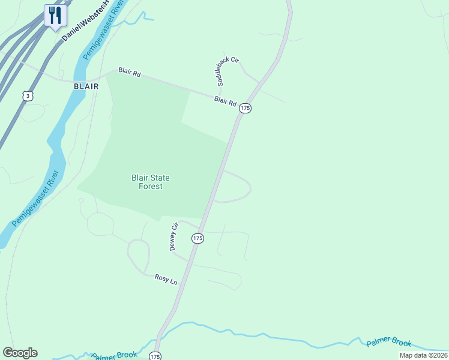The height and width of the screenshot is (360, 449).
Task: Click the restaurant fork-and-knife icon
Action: coord(56,16)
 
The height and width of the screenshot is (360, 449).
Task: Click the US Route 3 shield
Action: coord(28,96)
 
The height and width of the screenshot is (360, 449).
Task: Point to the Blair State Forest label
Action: coord(151,182)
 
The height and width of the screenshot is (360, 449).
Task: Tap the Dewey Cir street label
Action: coord(174,236)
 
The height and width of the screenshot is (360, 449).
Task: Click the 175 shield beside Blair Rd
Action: coord(245,108)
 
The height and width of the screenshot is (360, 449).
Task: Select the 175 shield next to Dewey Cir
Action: coord(198,238)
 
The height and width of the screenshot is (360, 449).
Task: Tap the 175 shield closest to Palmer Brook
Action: coord(155,356)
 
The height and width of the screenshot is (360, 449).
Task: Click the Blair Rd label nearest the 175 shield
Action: coord(225,102)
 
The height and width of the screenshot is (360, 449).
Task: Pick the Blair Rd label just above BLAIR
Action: coord(129,73)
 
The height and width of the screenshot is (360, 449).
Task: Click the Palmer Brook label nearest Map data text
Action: coord(389,343)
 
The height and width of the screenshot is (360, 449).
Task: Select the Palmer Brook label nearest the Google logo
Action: coord(114,355)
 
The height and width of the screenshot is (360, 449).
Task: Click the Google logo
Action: coord(20,353)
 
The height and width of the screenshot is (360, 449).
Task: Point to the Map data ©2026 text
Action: coord(423,355)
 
